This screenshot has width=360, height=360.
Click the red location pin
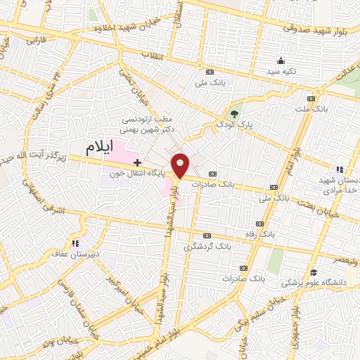tap(181, 165)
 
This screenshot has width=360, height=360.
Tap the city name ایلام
tap(99, 148)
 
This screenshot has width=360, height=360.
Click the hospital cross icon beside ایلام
tap(137, 162)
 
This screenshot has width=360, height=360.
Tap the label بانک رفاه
tap(275, 231)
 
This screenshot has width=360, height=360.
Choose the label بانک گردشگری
tap(207, 247)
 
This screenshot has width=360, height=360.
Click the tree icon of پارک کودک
tap(235, 114)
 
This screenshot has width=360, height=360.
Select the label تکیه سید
tap(281, 72)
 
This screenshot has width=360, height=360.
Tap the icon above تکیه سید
tap(281, 61)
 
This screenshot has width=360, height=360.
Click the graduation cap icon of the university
tap(313, 272)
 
